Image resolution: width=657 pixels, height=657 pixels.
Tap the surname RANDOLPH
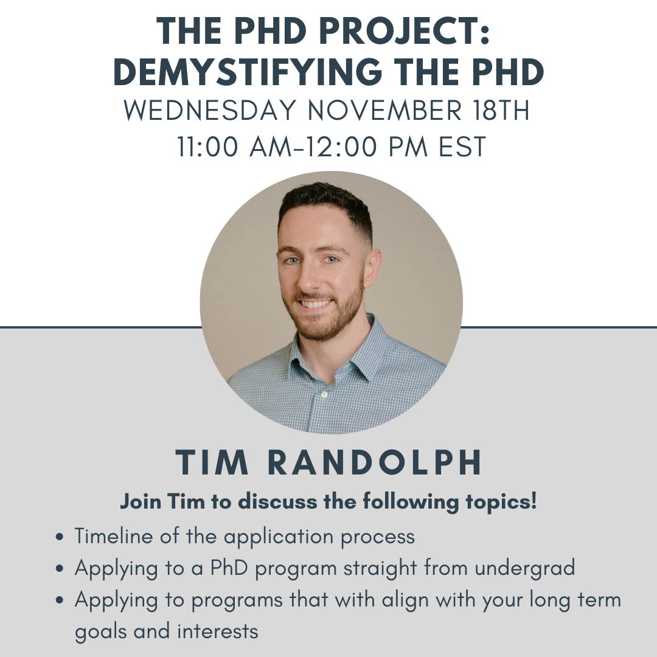pyautogui.click(x=375, y=464)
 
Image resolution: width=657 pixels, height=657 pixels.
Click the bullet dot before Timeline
pyautogui.click(x=60, y=537)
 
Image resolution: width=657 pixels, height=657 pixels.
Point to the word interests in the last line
pyautogui.click(x=218, y=631)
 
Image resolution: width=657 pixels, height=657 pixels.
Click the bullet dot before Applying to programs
pyautogui.click(x=60, y=600)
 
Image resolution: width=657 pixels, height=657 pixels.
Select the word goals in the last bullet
pyautogui.click(x=101, y=631)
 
